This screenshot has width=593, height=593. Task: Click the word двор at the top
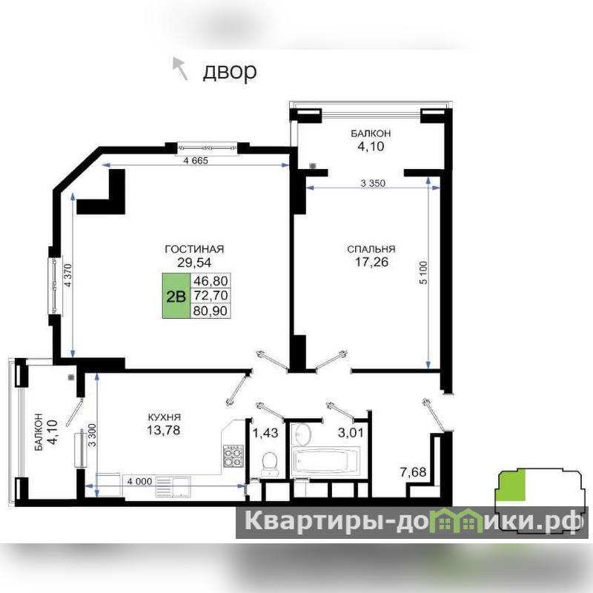pos(230,70)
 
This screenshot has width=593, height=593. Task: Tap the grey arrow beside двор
pos(180,68)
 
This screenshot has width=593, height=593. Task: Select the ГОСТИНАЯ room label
pos(194,249)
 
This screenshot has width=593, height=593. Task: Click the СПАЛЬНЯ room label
pos(371,249)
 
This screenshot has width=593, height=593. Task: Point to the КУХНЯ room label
pos(164,417)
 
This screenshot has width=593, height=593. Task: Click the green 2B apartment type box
pos(176,296)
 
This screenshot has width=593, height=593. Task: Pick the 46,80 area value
pos(211,281)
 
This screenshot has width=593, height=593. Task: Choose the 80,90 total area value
pos(211,311)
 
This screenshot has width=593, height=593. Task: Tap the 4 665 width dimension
pos(196,160)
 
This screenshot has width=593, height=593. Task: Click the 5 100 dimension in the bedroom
pos(423,273)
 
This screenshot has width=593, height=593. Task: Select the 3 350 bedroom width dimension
pos(373,183)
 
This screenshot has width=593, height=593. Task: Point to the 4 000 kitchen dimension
pos(139,481)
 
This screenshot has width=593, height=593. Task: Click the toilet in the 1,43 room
pos(270,463)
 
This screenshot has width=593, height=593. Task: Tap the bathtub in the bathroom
pos(325,460)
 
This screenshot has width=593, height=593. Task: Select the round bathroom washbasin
pos(303,435)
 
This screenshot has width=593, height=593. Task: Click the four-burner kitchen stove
pos(233,456)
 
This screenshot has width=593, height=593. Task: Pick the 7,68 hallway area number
pos(414,472)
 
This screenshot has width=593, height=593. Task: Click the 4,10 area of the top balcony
pos(371,146)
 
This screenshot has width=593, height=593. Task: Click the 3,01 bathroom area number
pos(351,432)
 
